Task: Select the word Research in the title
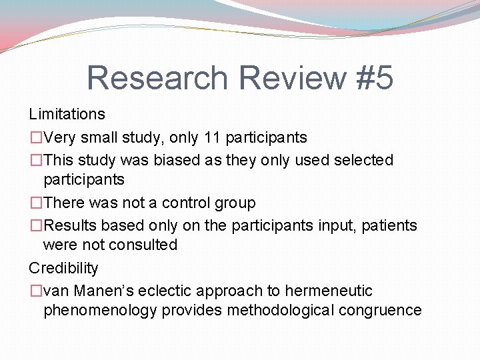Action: (157, 77)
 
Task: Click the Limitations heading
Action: (67, 114)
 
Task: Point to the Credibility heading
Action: (63, 268)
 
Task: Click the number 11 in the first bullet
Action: (211, 137)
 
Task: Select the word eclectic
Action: (165, 291)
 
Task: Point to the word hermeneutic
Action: (329, 291)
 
